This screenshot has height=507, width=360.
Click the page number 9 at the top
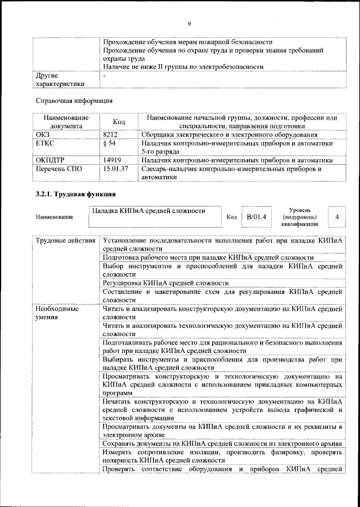point(190,23)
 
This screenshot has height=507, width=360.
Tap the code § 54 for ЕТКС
point(109,144)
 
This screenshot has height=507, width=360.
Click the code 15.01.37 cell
point(116,169)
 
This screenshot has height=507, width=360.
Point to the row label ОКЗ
point(43,135)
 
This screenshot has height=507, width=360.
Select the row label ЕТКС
point(45,144)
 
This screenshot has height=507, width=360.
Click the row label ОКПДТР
point(51,160)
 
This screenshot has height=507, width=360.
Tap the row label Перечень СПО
point(58,169)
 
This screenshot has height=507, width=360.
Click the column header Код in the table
point(119,122)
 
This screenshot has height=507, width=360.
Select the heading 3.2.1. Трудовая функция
point(73,194)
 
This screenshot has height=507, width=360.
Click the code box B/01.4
point(256,216)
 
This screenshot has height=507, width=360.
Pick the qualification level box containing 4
point(336,216)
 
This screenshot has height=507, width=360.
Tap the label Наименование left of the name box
point(54,217)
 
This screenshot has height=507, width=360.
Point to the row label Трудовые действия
point(65,241)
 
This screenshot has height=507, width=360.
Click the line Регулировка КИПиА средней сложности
point(165,283)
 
